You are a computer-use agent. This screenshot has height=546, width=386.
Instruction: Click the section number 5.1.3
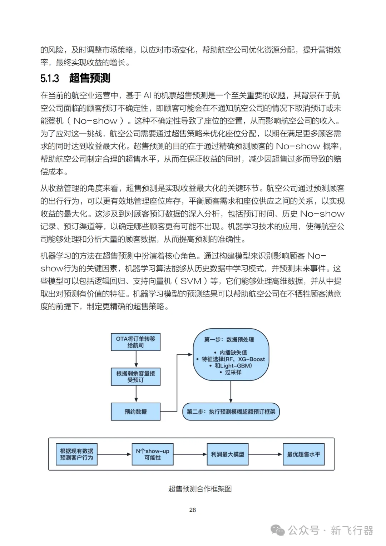pos(50,78)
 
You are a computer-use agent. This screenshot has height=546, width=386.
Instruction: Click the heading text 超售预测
pos(90,78)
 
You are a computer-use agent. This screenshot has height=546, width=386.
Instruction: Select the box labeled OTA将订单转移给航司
pos(135,342)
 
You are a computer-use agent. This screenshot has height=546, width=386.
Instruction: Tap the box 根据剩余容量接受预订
pos(135,377)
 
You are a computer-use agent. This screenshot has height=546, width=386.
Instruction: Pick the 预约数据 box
pos(135,412)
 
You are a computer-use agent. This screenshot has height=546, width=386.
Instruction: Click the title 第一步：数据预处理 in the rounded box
pos(229,339)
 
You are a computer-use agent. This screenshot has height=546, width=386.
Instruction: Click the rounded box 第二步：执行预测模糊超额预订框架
pos(231,412)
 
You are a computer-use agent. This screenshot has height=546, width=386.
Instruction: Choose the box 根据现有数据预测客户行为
pos(76,454)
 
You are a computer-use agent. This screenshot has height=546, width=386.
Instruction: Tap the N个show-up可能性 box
pos(153,454)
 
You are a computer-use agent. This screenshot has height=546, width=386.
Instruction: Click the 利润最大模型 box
pos(227,454)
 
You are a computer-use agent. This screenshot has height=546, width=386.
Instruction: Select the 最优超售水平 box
pos(303,454)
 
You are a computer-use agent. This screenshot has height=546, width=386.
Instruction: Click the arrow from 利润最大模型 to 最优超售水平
pos(265,454)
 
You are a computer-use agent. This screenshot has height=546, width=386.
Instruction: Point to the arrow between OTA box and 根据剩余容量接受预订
pos(136,359)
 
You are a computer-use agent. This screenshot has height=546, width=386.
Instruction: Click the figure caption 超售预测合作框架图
pos(200,489)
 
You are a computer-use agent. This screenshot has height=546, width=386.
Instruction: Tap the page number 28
pos(193,510)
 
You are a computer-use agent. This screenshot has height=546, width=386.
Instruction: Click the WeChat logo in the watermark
pos(278,530)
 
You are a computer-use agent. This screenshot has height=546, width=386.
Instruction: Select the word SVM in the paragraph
pos(191,281)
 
